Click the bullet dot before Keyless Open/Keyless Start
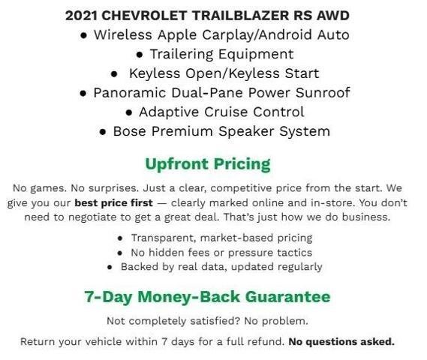113,73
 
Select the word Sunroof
321,93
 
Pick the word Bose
129,131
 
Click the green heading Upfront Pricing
208,163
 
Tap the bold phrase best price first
113,202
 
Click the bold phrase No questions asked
341,341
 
